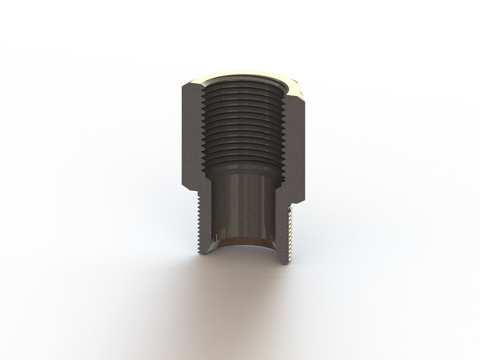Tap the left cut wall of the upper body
[191, 138]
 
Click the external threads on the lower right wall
[291, 231]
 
